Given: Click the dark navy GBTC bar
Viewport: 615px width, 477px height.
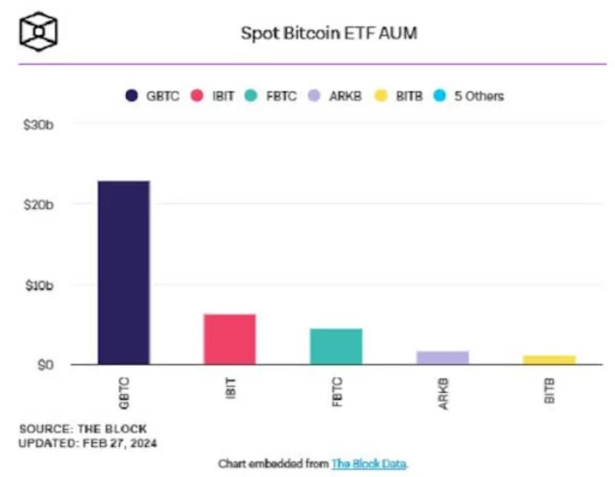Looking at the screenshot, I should tap(124, 272).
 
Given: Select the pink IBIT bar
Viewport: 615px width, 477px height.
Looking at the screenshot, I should tap(230, 339).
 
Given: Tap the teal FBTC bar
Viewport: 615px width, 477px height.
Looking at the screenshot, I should tap(336, 346).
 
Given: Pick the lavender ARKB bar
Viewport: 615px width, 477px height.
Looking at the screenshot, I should tap(442, 357).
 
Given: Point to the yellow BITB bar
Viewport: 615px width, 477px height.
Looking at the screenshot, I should tap(549, 359).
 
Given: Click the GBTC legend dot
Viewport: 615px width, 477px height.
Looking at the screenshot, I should tap(131, 96).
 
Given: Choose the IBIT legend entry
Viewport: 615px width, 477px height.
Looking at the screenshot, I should tap(218, 96).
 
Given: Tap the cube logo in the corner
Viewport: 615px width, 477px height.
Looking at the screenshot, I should tap(38, 32).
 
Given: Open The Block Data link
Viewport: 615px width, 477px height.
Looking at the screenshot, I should tap(369, 463).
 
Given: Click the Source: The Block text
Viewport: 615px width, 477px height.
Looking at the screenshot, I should tap(83, 429).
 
